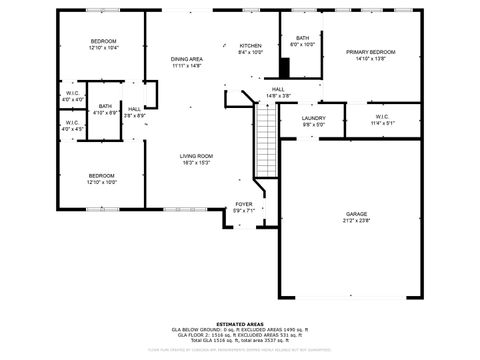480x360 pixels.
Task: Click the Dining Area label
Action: click(186, 59)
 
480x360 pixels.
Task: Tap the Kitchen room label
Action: click(250, 46)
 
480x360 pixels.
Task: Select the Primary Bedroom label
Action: click(371, 52)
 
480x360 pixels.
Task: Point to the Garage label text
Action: click(356, 214)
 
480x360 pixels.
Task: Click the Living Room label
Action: click(196, 156)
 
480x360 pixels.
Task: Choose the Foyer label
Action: click(244, 204)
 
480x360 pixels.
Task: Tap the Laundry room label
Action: click(314, 118)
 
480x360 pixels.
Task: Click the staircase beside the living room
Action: click(266, 140)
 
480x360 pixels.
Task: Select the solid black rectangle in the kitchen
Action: click(284, 68)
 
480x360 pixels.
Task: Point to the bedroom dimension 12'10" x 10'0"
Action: click(103, 183)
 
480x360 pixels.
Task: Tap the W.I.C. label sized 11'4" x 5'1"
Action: click(382, 123)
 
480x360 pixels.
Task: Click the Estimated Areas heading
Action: click(240, 323)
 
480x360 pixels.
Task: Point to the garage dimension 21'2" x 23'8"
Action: click(356, 221)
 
